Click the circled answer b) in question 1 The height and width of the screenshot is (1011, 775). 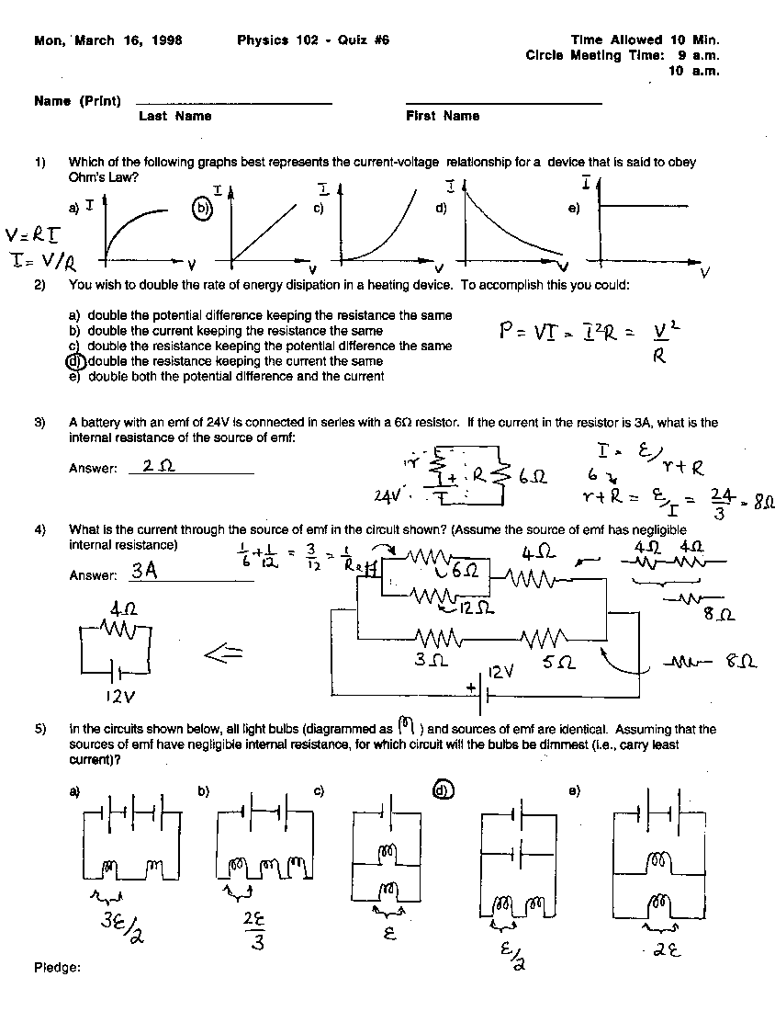(x=202, y=208)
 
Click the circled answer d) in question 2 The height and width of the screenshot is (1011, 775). (x=74, y=361)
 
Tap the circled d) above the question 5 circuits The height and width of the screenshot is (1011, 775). (x=443, y=789)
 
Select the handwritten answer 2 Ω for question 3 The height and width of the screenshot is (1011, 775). (x=158, y=466)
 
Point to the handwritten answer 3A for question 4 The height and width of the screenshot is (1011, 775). (x=144, y=571)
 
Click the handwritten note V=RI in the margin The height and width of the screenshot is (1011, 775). (x=29, y=235)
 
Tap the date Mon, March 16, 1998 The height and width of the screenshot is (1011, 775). (x=107, y=40)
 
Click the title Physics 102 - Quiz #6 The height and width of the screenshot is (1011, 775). (x=313, y=40)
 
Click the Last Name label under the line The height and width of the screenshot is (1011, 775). (x=175, y=117)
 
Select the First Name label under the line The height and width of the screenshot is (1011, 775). (x=443, y=117)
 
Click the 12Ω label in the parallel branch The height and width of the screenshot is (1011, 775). (x=476, y=608)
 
